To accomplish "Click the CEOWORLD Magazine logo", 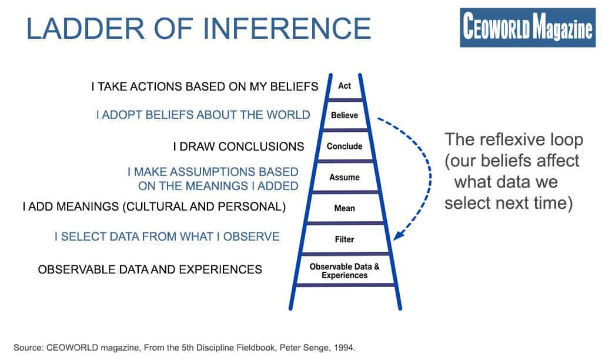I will [x=527, y=28].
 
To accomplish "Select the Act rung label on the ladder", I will [x=345, y=86].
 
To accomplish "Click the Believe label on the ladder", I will [x=345, y=115].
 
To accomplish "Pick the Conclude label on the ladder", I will [x=345, y=146].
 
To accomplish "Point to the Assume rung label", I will [x=345, y=177].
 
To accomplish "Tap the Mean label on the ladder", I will [x=345, y=208].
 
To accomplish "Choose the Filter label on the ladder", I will [x=345, y=239].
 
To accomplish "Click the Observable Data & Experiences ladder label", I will [x=345, y=271].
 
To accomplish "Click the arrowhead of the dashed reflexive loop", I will [x=397, y=236].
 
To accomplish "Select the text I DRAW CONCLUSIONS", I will [x=238, y=146].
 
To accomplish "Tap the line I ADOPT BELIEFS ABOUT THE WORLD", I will [x=203, y=115].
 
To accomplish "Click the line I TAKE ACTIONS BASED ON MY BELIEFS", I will [x=205, y=86].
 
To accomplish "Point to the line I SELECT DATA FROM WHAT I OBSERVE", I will [x=167, y=236].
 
